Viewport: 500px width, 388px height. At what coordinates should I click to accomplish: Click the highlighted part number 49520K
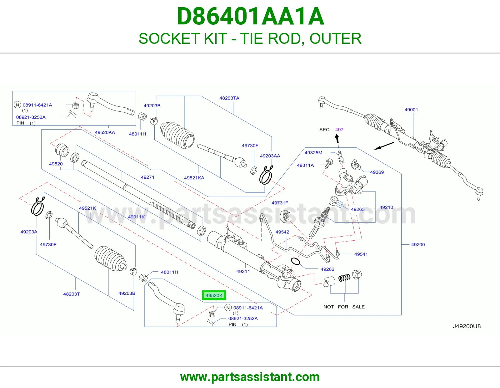(214, 295)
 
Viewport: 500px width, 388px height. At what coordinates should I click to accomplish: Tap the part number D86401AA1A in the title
(250, 17)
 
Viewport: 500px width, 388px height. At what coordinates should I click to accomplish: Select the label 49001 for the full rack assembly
(411, 110)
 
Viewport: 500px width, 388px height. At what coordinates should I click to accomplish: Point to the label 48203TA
(229, 98)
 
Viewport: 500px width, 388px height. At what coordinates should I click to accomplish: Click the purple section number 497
(339, 130)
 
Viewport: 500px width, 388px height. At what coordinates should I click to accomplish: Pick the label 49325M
(313, 153)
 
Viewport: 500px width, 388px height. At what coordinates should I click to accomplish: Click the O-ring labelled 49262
(295, 261)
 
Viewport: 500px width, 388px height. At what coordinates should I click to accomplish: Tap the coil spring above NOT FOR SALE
(344, 278)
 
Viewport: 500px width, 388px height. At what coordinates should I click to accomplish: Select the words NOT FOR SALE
(344, 307)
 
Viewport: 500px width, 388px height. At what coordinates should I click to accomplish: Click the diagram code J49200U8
(467, 326)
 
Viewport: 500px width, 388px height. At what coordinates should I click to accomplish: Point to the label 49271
(147, 177)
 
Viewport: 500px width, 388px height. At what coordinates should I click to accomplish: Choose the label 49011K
(137, 217)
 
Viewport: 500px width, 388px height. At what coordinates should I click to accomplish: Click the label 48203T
(72, 294)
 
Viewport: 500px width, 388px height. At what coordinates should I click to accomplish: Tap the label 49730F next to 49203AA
(250, 145)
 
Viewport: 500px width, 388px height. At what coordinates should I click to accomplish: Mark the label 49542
(282, 232)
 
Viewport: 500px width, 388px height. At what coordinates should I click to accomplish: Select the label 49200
(418, 245)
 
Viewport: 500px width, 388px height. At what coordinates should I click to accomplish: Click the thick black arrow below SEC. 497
(337, 139)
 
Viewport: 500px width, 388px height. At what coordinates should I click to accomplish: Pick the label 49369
(377, 172)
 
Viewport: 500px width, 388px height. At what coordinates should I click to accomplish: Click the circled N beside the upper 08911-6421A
(17, 105)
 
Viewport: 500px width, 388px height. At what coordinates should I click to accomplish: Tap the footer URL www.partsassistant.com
(250, 377)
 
